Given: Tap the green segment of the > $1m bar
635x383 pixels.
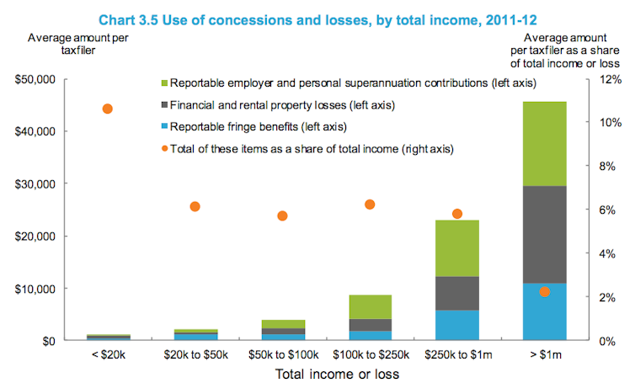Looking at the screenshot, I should [x=544, y=143].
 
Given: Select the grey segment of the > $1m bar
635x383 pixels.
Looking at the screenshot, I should [x=544, y=234].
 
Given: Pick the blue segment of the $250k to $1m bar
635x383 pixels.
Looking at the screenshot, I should [x=456, y=325].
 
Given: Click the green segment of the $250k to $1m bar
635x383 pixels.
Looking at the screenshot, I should [x=456, y=248].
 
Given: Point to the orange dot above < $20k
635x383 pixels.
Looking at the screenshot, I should [x=107, y=109].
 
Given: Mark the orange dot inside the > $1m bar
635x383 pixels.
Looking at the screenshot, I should [x=544, y=291].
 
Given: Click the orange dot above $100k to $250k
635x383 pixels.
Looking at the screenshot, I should [x=369, y=205].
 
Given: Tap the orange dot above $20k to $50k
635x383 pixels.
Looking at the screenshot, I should [x=195, y=206].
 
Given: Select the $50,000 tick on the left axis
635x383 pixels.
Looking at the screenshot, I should [x=36, y=80].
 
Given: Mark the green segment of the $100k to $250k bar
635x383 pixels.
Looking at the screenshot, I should [x=369, y=307].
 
